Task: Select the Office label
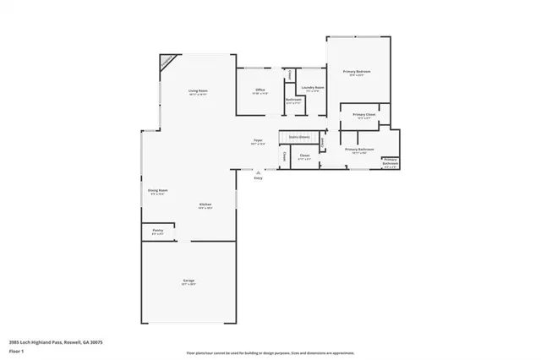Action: [x=261, y=90]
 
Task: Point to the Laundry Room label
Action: [x=309, y=87]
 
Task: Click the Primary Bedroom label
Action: [x=358, y=72]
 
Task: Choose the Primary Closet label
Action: [x=365, y=114]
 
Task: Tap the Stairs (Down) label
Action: [x=298, y=135]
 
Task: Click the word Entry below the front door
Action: [x=259, y=178]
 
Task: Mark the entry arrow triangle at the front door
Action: [x=259, y=172]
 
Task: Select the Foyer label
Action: [x=258, y=140]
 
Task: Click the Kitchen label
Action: [x=205, y=205]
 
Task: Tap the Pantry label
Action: [x=157, y=229]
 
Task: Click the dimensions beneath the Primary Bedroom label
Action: [x=358, y=76]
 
